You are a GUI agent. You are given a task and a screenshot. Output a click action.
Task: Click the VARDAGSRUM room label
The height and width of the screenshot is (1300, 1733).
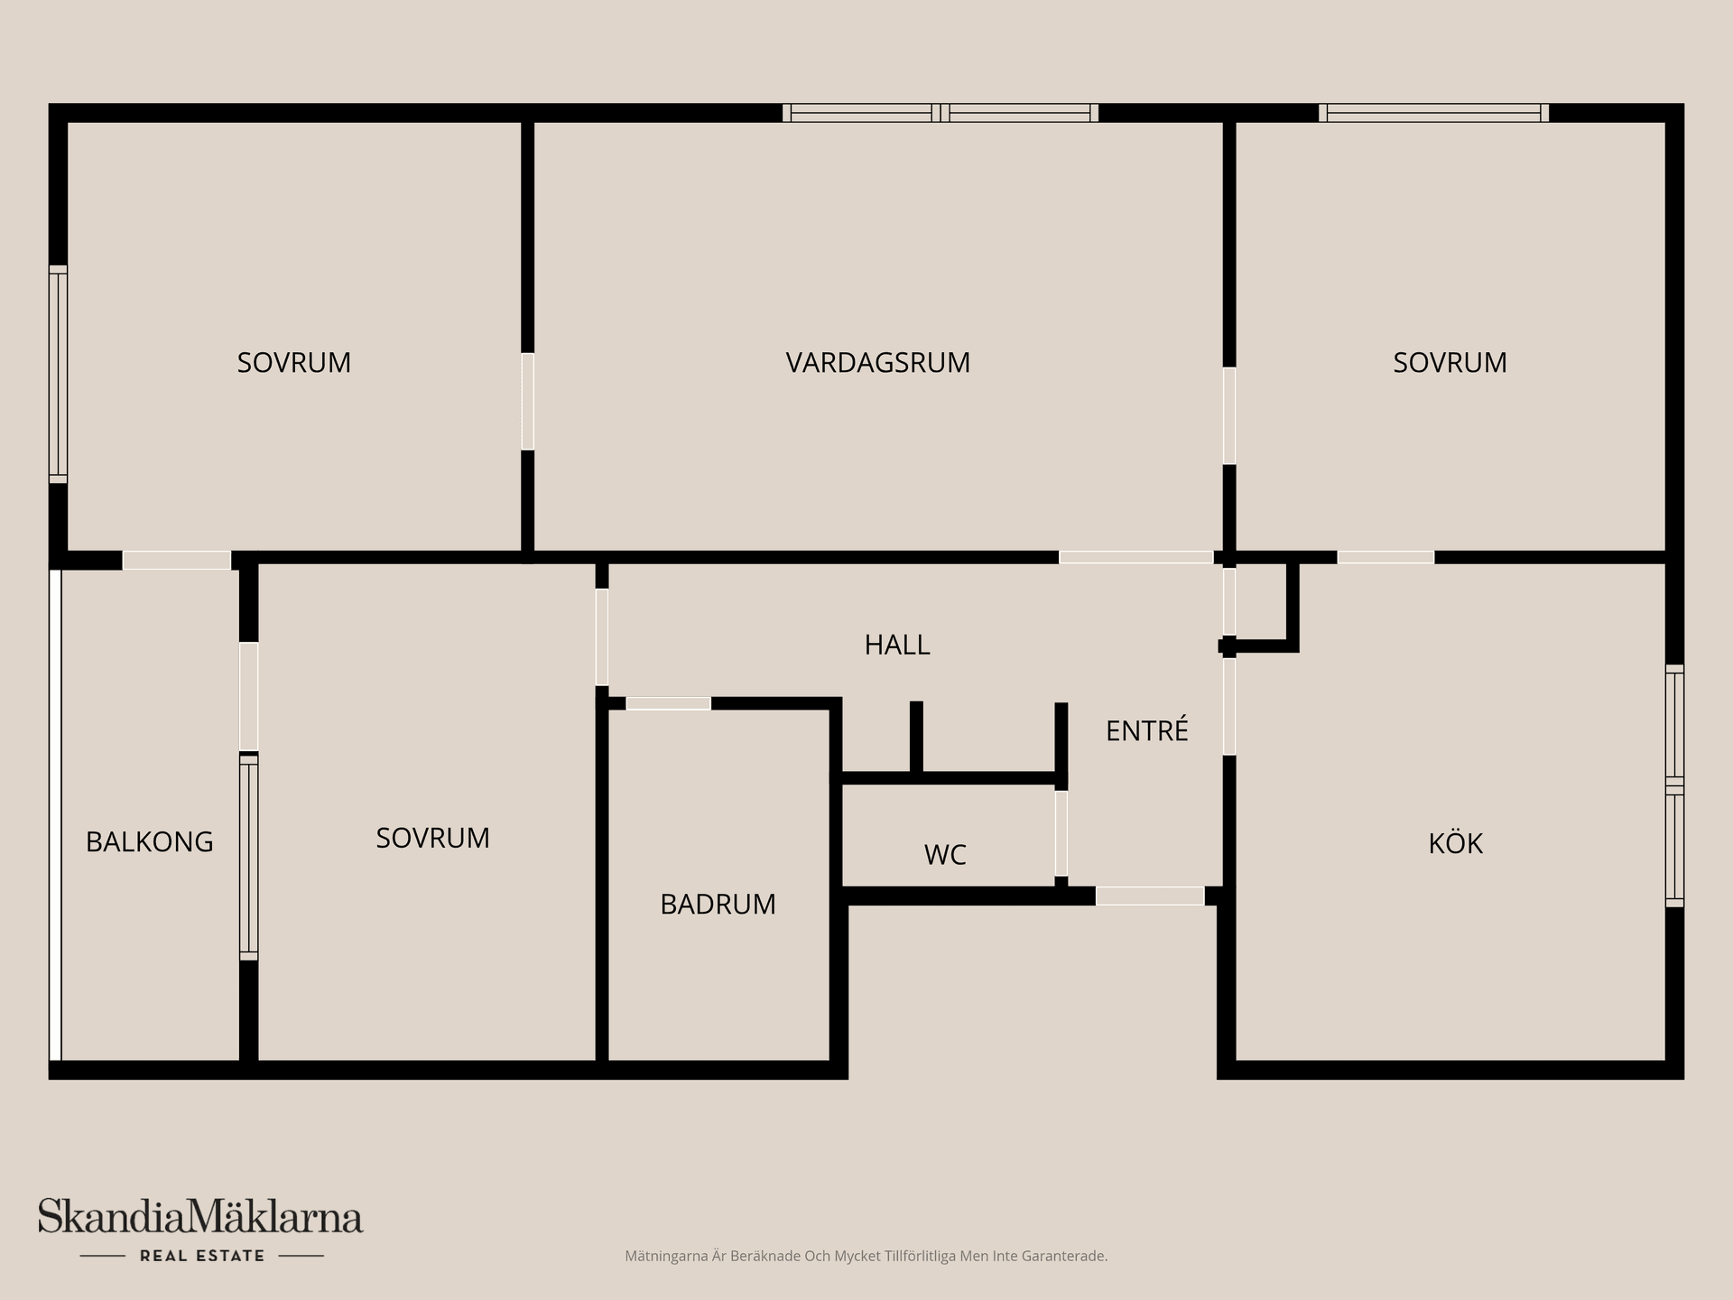(877, 362)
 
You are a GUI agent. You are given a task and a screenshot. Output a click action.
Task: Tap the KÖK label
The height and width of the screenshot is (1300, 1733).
(1455, 842)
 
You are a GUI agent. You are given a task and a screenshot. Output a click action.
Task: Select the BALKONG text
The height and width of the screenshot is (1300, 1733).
(150, 841)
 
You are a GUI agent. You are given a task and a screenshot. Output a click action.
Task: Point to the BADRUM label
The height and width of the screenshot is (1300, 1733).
(718, 904)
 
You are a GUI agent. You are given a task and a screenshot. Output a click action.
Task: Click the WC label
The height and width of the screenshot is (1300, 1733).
(945, 854)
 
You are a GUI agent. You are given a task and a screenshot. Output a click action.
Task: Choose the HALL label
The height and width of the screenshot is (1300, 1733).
(897, 645)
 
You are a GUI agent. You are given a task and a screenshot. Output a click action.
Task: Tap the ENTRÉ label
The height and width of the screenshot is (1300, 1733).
(1146, 729)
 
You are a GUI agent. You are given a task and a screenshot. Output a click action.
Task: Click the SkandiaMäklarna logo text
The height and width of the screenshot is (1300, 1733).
(200, 1217)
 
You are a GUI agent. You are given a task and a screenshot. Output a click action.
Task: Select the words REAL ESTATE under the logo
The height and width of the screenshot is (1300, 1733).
(202, 1256)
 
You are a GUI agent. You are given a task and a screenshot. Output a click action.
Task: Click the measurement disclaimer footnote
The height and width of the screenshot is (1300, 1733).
(866, 1256)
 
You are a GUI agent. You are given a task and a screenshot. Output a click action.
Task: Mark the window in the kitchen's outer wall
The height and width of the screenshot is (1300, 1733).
(1674, 785)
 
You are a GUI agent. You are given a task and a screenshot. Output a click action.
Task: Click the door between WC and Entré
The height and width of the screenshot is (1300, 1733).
(1061, 833)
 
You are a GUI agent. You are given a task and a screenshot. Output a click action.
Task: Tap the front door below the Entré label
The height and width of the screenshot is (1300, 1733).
(1150, 896)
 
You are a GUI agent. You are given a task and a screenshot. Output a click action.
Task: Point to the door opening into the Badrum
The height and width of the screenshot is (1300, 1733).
(669, 703)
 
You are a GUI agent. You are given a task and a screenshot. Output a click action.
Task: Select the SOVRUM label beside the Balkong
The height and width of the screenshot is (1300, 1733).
(432, 838)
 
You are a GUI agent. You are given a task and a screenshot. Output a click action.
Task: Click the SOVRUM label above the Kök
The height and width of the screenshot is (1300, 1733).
(1450, 362)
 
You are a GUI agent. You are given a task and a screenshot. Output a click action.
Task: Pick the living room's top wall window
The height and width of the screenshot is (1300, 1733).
(941, 113)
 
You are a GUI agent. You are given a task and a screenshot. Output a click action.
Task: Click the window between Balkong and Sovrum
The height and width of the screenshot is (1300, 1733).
(248, 857)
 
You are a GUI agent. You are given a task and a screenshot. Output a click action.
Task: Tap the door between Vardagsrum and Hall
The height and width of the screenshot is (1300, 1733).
(1135, 557)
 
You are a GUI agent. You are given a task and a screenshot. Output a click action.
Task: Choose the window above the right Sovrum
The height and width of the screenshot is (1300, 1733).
(1433, 113)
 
